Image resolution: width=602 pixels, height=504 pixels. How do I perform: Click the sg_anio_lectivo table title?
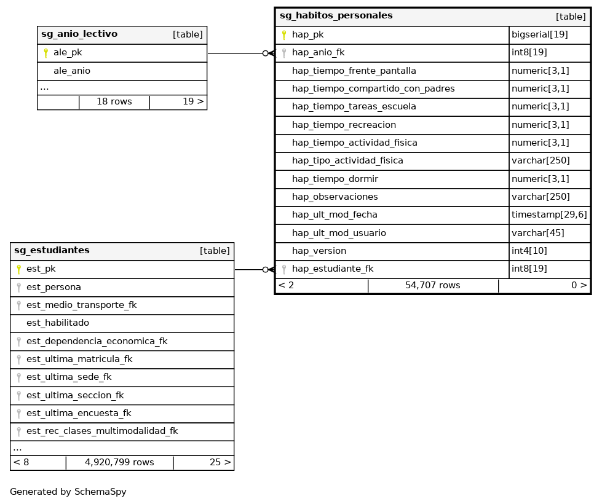click(x=79, y=34)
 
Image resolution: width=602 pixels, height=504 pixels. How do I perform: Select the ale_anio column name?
click(x=72, y=71)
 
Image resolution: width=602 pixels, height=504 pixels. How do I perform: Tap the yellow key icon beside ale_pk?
click(x=46, y=53)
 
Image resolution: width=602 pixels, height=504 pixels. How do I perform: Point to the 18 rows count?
click(x=114, y=101)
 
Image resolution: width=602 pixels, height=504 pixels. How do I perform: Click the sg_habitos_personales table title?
click(x=336, y=16)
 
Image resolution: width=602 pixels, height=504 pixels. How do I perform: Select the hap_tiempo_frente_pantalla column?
click(x=354, y=71)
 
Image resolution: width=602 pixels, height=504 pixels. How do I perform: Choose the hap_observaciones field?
click(x=335, y=197)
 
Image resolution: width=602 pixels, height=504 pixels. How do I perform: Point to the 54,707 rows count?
click(x=432, y=285)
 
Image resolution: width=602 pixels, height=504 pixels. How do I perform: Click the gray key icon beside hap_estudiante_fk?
click(x=284, y=269)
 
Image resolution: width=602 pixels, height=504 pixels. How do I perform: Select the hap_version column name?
click(x=319, y=251)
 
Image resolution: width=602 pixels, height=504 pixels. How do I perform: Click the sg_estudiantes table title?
click(x=52, y=251)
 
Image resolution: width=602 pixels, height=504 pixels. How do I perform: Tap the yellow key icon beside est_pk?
click(x=18, y=269)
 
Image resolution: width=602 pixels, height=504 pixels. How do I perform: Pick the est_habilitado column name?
click(x=57, y=323)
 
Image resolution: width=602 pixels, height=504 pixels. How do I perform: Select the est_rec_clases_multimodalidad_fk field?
click(x=101, y=431)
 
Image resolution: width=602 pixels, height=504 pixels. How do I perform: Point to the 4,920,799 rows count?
click(x=119, y=462)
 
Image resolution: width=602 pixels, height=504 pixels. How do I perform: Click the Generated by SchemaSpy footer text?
click(x=68, y=492)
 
